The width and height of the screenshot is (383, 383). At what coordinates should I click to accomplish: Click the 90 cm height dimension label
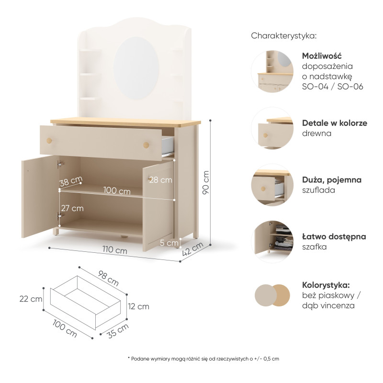point(206,182)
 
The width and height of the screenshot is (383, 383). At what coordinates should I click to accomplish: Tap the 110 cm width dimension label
point(114,250)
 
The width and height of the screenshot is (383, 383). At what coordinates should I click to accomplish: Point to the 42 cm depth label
point(193,249)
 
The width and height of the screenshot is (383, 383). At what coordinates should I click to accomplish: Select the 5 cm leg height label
point(169,243)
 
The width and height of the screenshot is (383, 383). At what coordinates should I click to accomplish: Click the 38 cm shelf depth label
point(71,181)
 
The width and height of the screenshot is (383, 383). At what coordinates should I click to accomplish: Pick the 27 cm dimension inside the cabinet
point(72,208)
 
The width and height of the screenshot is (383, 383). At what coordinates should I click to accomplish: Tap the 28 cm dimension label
point(161,180)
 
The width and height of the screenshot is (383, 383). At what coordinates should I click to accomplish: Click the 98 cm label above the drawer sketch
point(109,278)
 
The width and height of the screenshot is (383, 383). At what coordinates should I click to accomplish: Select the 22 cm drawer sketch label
point(31,299)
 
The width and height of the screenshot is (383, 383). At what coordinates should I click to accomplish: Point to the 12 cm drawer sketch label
point(138,306)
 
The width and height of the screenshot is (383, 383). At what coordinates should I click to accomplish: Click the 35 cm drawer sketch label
point(118,331)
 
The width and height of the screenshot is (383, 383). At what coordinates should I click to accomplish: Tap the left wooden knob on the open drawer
point(49,141)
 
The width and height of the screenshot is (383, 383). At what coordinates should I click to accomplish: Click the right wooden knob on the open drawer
point(146,145)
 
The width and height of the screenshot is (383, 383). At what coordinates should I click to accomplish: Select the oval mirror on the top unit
point(136,68)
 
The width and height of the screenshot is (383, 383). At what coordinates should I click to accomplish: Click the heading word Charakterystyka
point(284,36)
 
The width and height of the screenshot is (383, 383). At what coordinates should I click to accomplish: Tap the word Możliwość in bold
point(322,56)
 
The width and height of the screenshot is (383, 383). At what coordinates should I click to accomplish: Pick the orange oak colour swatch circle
point(281,295)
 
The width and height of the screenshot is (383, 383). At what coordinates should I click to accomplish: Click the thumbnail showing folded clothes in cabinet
point(272,242)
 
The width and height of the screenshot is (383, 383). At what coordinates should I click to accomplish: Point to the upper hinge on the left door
point(60,164)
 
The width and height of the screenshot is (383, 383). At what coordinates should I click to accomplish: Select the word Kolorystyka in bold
point(326,285)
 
